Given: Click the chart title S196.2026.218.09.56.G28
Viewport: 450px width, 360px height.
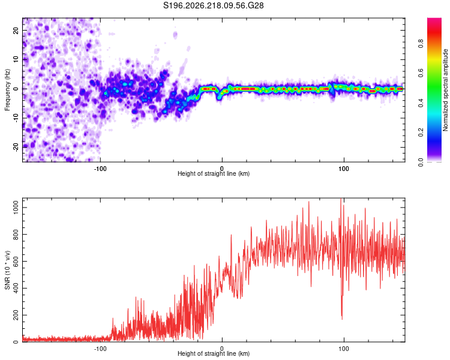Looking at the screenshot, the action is pos(213,5).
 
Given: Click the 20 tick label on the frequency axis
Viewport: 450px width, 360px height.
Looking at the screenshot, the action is pos(16,31).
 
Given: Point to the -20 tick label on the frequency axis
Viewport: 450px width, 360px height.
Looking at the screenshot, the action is pos(16,147).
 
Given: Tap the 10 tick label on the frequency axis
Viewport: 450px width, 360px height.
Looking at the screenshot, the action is pos(16,60).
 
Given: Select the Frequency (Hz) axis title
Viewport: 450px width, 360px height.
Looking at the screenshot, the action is pos(7,90).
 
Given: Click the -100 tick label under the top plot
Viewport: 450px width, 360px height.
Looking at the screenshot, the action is pos(100,169).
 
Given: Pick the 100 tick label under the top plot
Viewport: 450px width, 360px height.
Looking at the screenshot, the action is pos(344,169).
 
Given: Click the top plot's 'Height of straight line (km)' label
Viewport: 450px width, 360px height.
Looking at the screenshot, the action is pos(214,173).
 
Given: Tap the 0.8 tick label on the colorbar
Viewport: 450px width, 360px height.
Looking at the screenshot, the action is pos(421,44).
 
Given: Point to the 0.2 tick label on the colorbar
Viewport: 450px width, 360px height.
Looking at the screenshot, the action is pos(421,133).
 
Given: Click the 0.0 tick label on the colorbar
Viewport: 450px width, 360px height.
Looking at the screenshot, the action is pos(421,162).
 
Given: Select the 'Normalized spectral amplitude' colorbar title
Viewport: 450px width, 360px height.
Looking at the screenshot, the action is pos(445,90).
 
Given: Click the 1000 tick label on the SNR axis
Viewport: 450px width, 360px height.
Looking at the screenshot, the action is pos(16,207).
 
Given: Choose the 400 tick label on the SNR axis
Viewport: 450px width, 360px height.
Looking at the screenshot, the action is pos(16,288).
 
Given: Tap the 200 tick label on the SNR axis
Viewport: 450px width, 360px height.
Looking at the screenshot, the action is pos(16,315).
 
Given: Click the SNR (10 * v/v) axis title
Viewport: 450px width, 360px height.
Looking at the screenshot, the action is pos(7,270).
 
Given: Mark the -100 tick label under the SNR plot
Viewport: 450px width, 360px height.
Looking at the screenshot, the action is pos(100,349).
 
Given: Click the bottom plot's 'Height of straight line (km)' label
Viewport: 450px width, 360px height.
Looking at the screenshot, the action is pos(214,353).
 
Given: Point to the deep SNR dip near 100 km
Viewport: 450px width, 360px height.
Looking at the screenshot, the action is pos(342,317).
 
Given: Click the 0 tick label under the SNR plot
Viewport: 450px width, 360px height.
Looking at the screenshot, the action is pos(222,349).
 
